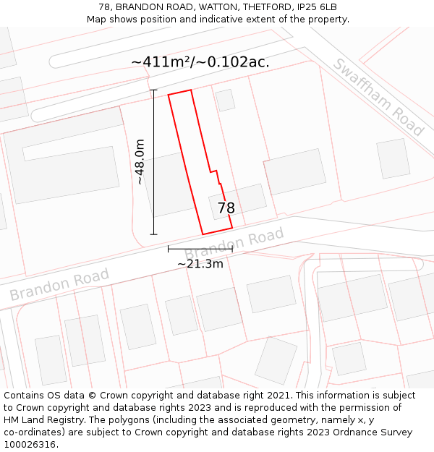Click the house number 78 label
(x=226, y=208)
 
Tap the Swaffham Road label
(x=378, y=97)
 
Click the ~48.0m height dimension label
(x=140, y=162)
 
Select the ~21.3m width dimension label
(x=200, y=264)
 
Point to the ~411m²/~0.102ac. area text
(x=200, y=62)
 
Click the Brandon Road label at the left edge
(x=59, y=284)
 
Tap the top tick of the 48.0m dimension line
(x=153, y=90)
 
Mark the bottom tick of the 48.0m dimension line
(x=153, y=234)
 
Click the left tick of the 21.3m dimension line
(x=169, y=249)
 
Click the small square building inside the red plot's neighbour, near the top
(x=225, y=101)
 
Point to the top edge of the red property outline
(x=180, y=93)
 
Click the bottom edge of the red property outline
(x=217, y=231)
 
